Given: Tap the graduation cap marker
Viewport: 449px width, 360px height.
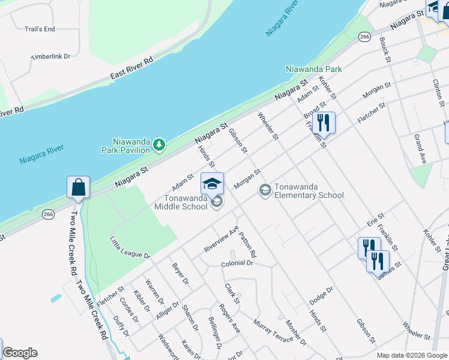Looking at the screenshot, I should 212,183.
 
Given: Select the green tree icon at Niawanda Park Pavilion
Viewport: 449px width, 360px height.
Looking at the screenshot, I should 159,144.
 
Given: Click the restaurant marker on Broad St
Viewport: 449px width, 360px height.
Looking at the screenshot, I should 324,122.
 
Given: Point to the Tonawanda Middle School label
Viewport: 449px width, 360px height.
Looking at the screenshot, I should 185,202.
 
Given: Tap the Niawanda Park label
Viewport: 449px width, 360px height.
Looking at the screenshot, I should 314,69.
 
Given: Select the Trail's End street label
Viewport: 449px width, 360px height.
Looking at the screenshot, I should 40,29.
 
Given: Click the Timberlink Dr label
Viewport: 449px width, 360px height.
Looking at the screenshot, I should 51,56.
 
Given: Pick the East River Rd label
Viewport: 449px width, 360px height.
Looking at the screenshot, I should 132,68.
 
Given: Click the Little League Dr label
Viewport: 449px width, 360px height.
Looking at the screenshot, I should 130,248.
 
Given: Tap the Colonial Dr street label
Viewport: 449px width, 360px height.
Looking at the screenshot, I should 237,263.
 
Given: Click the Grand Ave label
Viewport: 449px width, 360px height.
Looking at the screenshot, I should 420,149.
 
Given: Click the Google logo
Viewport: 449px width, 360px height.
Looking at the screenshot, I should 20,353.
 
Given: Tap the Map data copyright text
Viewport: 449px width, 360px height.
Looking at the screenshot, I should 411,355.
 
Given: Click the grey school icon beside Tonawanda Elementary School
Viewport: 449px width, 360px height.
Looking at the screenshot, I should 264,190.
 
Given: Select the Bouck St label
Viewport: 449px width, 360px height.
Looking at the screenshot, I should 385,50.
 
